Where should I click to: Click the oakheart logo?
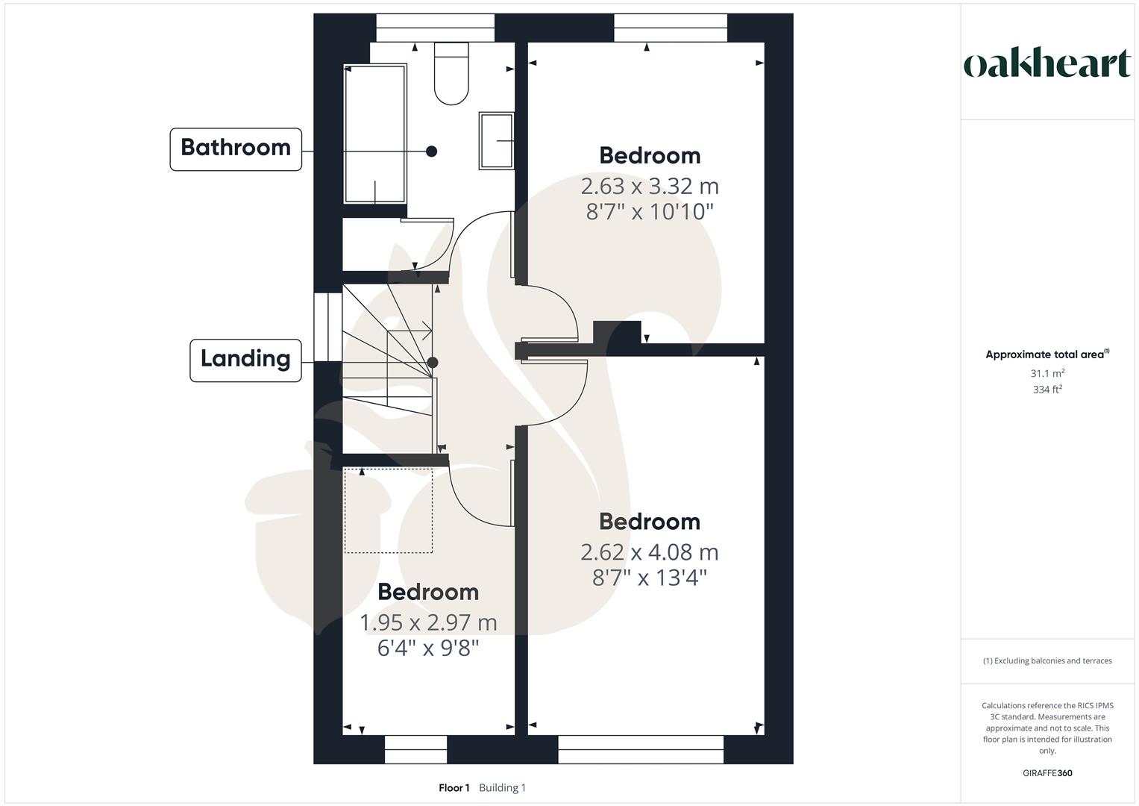pos(1047,64)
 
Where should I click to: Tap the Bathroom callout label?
pos(236,149)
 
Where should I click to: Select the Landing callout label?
pos(245,360)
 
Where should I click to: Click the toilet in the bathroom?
pos(451,73)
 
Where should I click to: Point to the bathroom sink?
pos(496,140)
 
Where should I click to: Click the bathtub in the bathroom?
pos(374,134)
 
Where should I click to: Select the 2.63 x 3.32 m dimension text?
pos(650,186)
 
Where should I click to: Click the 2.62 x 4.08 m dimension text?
pos(650,552)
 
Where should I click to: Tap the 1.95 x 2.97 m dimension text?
pos(428,622)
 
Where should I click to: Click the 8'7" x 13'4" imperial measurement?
pos(650,578)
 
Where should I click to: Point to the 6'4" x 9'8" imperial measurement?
pos(428,648)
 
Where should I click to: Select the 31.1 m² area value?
pos(1047,373)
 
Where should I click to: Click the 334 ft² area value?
pos(1047,390)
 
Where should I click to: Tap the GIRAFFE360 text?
pos(1047,773)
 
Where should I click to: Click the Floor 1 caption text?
pos(454,788)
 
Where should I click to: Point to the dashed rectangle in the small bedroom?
pos(388,511)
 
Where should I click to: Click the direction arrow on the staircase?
pos(426,329)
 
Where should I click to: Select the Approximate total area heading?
pos(1047,354)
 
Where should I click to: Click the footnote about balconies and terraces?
pos(1047,660)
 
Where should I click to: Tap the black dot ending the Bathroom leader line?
pos(431,151)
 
